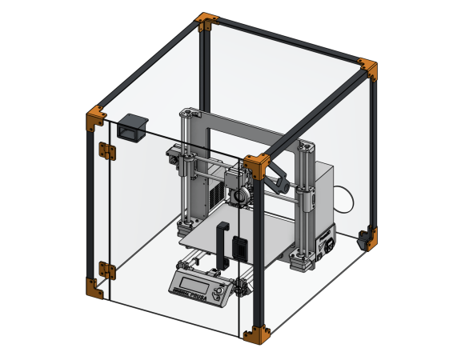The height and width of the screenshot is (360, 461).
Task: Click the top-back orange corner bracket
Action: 206,22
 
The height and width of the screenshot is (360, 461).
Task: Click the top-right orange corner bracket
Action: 368,69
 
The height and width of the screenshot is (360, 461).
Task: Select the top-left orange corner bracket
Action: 95,118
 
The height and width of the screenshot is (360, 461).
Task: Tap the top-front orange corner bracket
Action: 258,166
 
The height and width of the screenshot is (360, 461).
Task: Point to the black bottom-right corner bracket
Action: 367,238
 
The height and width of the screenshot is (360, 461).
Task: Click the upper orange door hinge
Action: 105,150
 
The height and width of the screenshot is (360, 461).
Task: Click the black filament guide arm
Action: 278,178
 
